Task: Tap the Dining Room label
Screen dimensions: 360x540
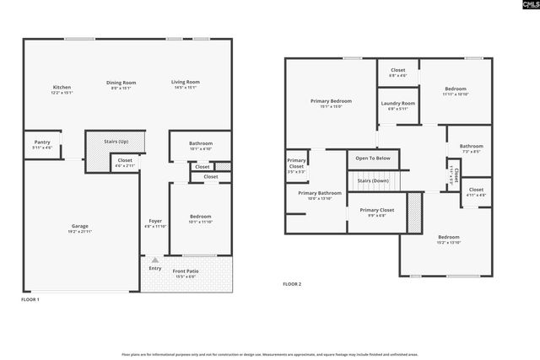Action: [x=121, y=83]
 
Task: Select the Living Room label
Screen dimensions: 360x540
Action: [x=186, y=83]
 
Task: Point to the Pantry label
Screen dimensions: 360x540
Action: [x=42, y=142]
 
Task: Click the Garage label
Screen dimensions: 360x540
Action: [x=80, y=227]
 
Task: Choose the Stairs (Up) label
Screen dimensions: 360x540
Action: [x=116, y=142]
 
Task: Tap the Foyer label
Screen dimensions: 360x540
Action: [x=155, y=221]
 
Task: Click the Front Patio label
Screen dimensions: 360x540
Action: [x=186, y=271]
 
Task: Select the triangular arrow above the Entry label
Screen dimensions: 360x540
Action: [x=154, y=261]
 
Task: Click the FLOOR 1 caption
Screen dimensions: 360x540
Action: [x=31, y=299]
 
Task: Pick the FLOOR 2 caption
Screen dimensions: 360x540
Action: [x=291, y=284]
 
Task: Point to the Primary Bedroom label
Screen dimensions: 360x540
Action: [x=330, y=101]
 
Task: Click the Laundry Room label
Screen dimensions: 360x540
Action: [x=397, y=104]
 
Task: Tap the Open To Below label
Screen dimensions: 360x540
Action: [x=372, y=158]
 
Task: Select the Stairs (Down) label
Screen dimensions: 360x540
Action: [x=372, y=180]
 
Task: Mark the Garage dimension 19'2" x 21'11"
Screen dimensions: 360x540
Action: [x=80, y=231]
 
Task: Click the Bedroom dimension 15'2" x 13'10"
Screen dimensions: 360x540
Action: [x=448, y=242]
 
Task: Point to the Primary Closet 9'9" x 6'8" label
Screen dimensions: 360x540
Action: [x=376, y=210]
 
